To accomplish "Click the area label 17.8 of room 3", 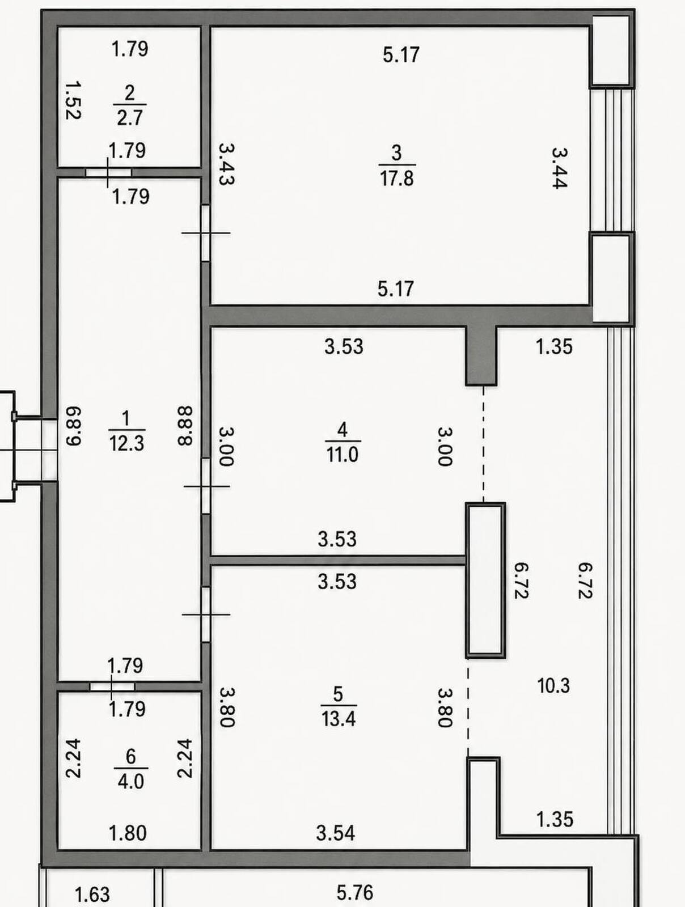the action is tap(396, 179).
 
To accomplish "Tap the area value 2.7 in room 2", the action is tap(129, 117).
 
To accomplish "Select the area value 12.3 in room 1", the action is tap(126, 444).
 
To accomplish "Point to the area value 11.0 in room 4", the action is tap(342, 455).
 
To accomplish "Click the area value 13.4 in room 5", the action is tap(339, 719).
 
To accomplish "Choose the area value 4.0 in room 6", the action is tap(130, 781).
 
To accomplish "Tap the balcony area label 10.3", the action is tap(553, 686).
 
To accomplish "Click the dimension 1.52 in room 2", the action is tap(73, 100).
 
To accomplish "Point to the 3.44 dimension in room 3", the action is tap(560, 168).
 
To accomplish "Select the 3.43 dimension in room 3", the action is tap(226, 164).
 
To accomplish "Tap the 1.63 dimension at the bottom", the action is tap(92, 895).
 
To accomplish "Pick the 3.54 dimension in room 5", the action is tap(336, 833).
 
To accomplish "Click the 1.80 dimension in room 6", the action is tap(128, 833).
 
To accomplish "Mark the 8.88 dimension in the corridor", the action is tap(185, 426).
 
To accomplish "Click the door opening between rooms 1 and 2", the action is tap(108, 172).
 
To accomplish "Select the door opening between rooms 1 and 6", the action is tap(112, 686).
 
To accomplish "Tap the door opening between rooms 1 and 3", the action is tap(205, 232).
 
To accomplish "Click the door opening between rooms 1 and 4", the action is tap(205, 486).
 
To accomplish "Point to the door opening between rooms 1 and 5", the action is tap(205, 614).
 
